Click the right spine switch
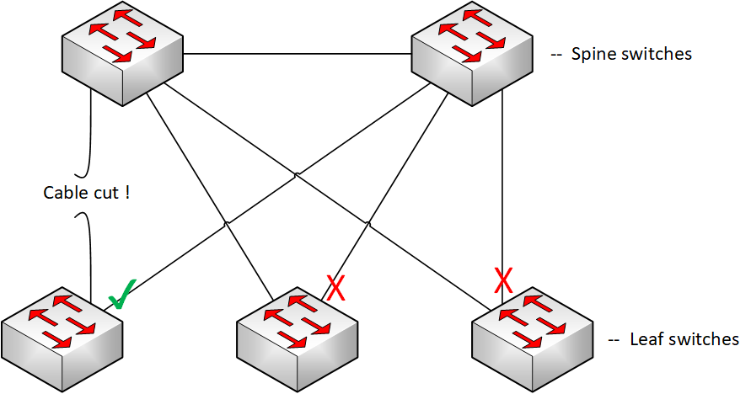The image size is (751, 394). point(471,54)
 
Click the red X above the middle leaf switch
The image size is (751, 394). point(335,290)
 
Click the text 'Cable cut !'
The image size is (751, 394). point(87,192)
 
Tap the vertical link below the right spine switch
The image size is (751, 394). point(503,185)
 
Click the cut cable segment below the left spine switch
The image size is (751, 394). point(88,135)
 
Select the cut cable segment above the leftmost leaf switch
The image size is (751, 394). point(88,253)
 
